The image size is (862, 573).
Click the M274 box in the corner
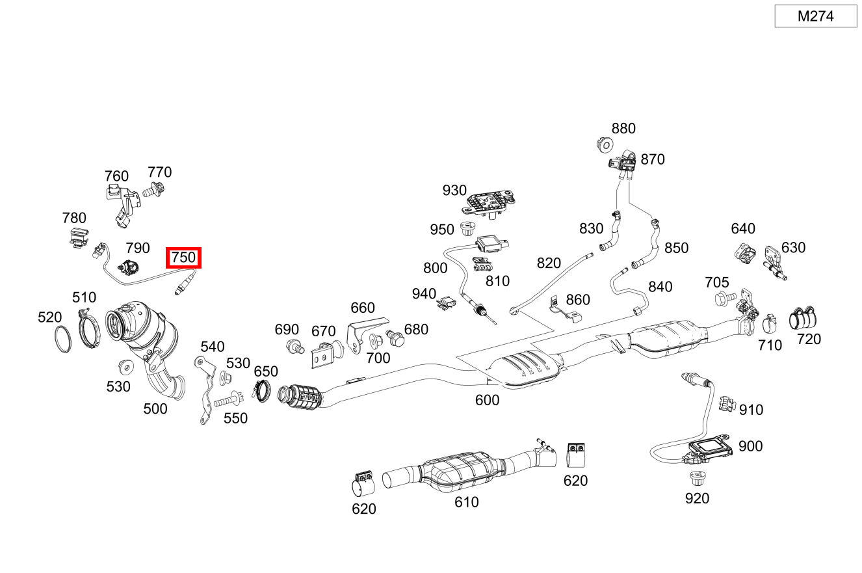click(815, 16)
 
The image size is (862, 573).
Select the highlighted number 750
click(183, 258)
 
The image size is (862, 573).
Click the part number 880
click(623, 129)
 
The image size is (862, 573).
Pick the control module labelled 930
click(487, 201)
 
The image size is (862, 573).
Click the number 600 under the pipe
click(487, 400)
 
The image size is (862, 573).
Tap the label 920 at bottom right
click(697, 498)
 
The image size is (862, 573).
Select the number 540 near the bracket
click(212, 346)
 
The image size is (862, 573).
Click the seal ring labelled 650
click(262, 391)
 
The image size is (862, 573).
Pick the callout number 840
click(660, 287)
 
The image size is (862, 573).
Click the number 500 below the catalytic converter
click(155, 408)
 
